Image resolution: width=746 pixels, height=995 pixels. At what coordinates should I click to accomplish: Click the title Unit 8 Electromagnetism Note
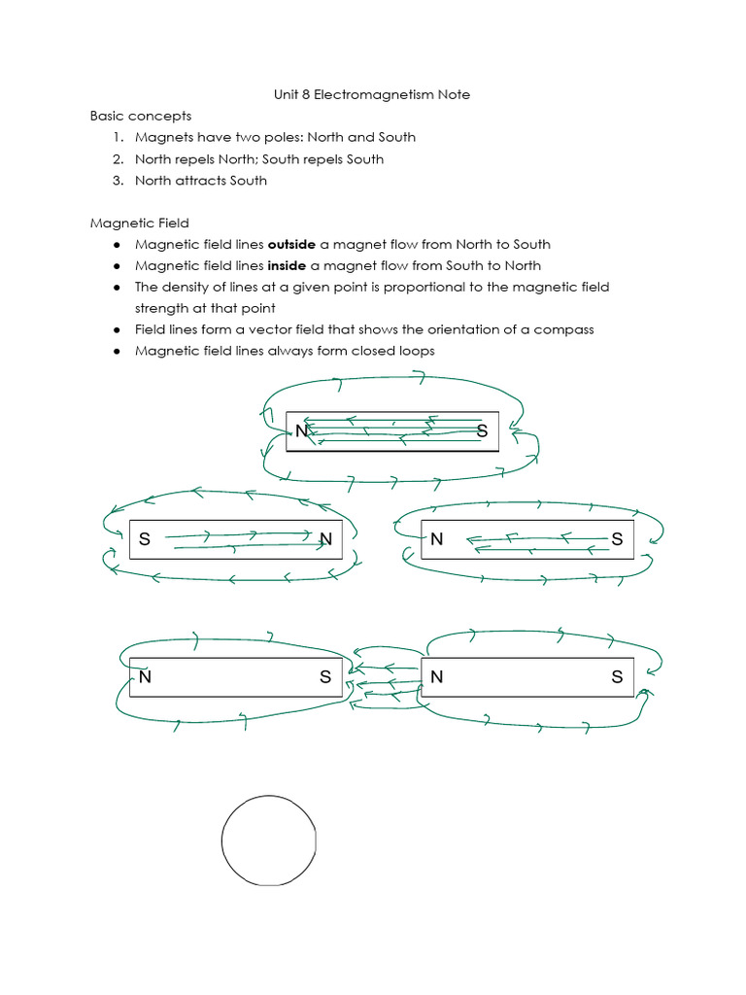[373, 94]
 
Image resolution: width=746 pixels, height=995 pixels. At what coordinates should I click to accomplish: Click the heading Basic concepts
[140, 116]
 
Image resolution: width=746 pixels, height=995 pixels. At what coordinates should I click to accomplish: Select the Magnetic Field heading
[140, 223]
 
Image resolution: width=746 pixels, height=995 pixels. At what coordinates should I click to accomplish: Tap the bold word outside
[291, 244]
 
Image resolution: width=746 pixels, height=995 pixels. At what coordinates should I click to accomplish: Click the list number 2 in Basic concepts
[117, 158]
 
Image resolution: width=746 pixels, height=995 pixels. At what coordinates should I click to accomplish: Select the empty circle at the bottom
[269, 840]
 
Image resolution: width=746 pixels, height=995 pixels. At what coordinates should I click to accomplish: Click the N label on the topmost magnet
[302, 431]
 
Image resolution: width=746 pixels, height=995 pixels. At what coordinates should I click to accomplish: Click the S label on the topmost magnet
[483, 431]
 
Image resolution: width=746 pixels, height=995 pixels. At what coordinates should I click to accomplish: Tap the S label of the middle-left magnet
[145, 539]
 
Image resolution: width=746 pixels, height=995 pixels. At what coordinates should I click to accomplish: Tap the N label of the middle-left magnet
[325, 539]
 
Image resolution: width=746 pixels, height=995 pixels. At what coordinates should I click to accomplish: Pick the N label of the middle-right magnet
[437, 539]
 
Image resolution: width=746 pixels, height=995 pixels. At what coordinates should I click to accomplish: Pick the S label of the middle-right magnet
[617, 539]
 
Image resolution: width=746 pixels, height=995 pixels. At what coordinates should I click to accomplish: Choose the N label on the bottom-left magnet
[145, 677]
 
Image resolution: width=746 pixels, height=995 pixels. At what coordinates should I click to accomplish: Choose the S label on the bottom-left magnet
[325, 677]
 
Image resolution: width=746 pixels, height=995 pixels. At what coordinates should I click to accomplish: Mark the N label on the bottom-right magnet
[437, 677]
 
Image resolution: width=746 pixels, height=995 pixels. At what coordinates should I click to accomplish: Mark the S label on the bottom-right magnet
[617, 677]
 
